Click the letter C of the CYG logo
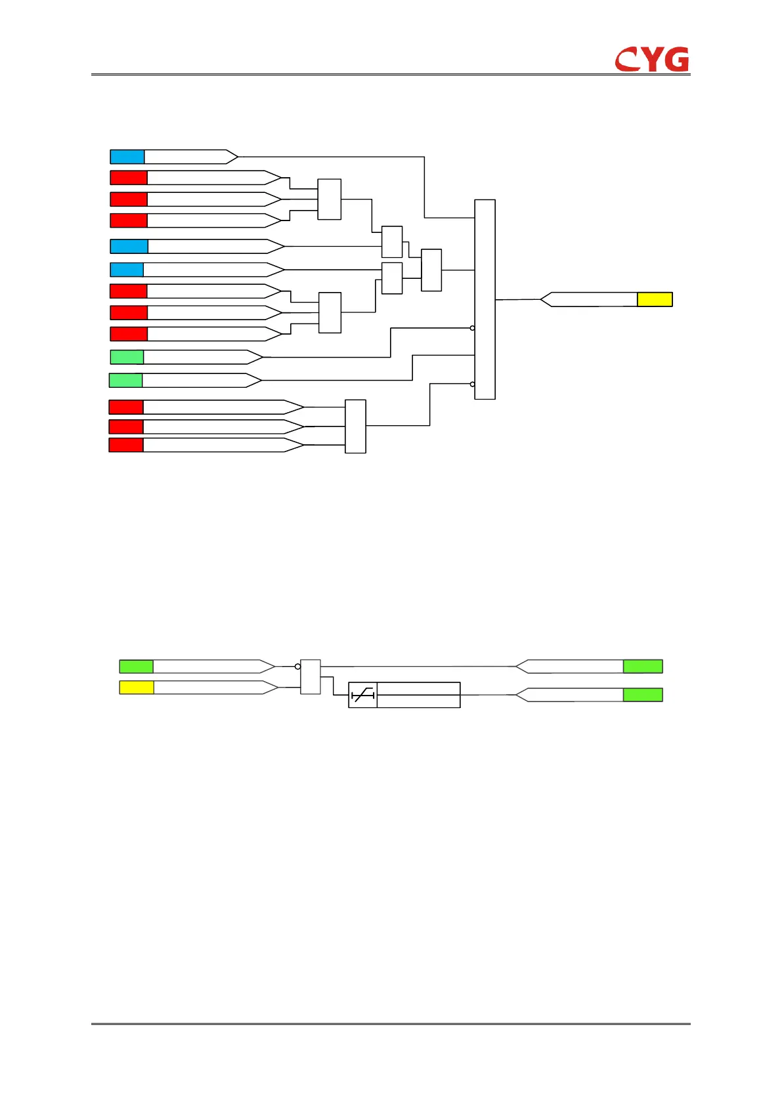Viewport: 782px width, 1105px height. pos(628,60)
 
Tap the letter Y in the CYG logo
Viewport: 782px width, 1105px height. pos(651,60)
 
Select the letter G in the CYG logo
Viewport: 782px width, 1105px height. pos(676,60)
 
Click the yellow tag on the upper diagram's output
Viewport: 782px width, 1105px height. pos(655,300)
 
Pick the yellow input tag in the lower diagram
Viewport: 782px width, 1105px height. pos(137,688)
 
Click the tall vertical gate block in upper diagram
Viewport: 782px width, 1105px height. pos(485,299)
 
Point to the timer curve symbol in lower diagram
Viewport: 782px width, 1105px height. pos(362,695)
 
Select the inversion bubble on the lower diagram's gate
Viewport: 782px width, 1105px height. pos(297,667)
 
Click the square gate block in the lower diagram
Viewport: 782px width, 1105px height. pos(311,677)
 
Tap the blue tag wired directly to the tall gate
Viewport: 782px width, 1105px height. pos(127,157)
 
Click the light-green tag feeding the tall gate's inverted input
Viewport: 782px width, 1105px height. pos(127,357)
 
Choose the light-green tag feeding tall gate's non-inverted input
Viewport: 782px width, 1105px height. pos(125,380)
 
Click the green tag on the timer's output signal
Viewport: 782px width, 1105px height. pos(643,695)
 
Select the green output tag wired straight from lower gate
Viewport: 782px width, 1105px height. pos(643,667)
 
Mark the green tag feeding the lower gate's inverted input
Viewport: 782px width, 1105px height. pos(136,667)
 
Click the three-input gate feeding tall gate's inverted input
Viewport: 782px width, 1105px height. pos(355,427)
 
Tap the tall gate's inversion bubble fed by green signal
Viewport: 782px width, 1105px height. pos(472,328)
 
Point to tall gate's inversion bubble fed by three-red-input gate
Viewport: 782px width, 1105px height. pos(472,385)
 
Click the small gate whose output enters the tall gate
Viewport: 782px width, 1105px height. pos(431,270)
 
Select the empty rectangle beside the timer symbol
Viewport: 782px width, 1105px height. pos(418,695)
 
